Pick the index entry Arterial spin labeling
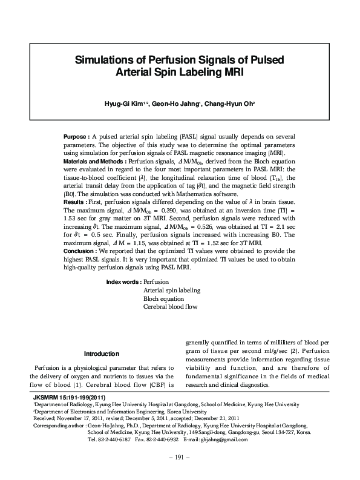pos(171,290)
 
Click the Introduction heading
pos(102,353)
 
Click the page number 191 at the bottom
pos(180,457)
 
